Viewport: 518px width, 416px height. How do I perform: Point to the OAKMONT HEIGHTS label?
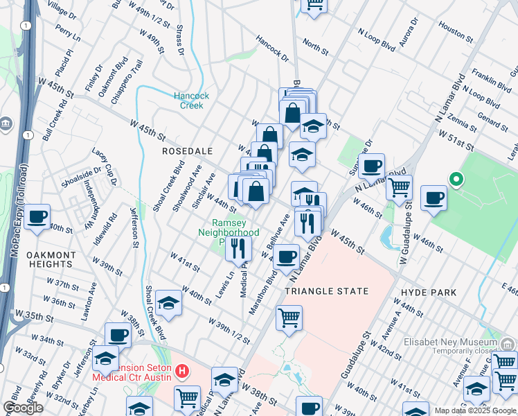(51, 260)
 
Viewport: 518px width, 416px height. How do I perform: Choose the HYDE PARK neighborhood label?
(429, 293)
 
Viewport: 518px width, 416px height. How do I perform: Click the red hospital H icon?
(182, 372)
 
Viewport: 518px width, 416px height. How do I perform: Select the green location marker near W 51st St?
(455, 180)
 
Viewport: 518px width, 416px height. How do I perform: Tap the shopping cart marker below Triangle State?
(289, 318)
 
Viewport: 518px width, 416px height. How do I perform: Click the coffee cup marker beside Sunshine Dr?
(372, 166)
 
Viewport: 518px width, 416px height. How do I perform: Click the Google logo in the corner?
(24, 408)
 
